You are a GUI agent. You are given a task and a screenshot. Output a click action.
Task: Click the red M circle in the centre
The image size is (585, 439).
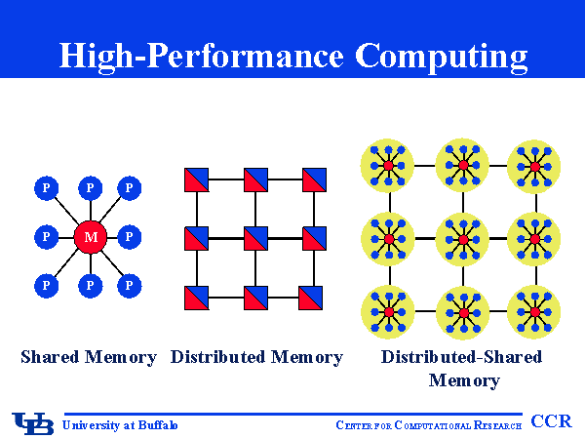pos(90,237)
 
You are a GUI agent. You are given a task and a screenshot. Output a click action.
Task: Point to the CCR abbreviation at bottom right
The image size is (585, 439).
pos(551,421)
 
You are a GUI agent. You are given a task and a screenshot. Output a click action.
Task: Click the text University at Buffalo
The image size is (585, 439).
pos(120,424)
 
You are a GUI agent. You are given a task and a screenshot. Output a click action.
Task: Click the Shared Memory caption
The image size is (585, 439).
pos(89,357)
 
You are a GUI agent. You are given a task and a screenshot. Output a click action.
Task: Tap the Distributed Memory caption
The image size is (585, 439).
pos(256,357)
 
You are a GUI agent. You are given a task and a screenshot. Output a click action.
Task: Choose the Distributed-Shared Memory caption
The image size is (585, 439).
pos(462,368)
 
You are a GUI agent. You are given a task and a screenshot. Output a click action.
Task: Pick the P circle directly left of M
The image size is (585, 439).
pos(45,237)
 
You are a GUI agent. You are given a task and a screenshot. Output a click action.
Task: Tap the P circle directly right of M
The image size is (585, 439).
pos(130,237)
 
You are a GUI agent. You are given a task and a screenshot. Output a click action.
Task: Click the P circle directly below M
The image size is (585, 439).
pos(90,286)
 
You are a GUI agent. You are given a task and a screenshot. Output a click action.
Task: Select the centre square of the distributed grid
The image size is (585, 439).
pos(255,238)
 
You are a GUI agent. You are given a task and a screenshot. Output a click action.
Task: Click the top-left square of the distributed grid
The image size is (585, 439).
pos(196,180)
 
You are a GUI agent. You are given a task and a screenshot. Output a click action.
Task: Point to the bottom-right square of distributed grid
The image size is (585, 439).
pos(313,297)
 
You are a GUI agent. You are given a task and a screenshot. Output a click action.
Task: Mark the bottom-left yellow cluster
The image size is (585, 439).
pos(389,311)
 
